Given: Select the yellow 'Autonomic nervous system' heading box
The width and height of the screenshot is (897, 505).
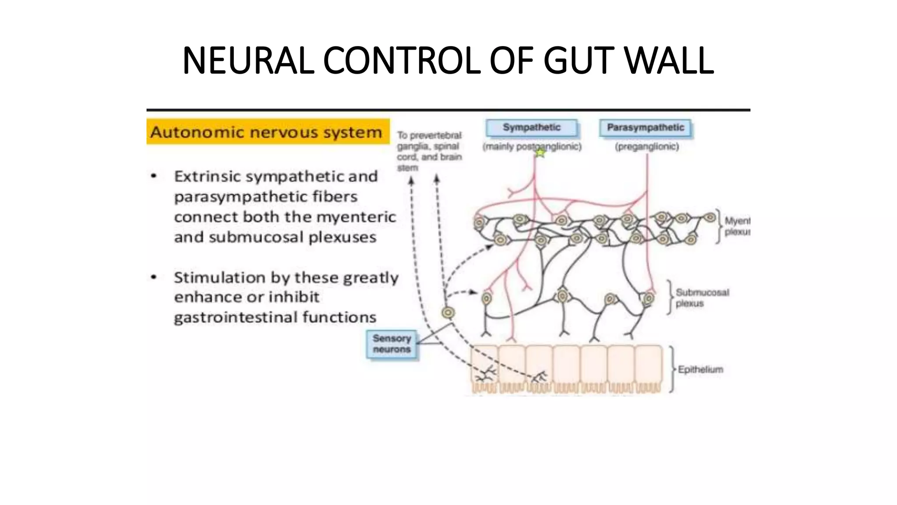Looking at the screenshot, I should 268,132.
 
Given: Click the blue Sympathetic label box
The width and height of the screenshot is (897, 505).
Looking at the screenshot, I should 531,128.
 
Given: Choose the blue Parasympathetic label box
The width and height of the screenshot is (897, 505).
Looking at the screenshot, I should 645,128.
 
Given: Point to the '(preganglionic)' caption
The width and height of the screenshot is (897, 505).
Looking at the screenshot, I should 647,147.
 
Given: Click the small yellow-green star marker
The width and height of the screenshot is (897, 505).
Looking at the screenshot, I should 540,153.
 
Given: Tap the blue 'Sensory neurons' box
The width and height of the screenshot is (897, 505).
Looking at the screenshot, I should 392,344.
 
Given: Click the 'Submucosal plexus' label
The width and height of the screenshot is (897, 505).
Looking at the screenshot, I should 702,298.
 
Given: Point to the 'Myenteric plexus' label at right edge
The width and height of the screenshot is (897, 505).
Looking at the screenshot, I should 737,226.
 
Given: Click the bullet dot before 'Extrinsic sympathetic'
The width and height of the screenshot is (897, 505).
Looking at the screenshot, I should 154,176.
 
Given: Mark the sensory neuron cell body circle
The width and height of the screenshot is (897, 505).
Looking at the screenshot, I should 448,313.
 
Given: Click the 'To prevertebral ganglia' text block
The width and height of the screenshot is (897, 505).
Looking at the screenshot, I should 429,151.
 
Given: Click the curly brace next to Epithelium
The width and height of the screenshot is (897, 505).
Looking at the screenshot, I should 671,369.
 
